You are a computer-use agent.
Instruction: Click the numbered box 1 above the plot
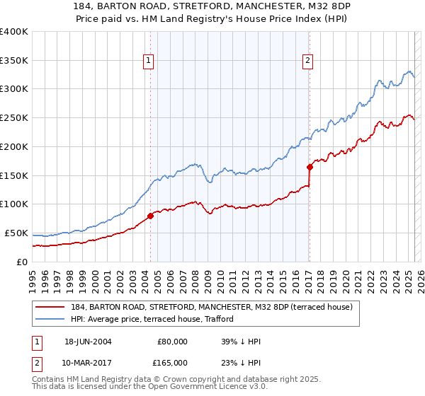point(149,62)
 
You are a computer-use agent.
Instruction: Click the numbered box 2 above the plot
point(308,62)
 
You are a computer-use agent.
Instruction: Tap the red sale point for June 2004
point(150,216)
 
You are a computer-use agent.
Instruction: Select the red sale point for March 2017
point(310,167)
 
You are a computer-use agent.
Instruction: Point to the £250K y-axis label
point(14,118)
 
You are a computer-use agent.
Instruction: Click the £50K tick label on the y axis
point(16,233)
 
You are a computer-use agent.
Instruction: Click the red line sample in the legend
point(50,306)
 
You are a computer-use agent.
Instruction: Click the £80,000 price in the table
point(172,342)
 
